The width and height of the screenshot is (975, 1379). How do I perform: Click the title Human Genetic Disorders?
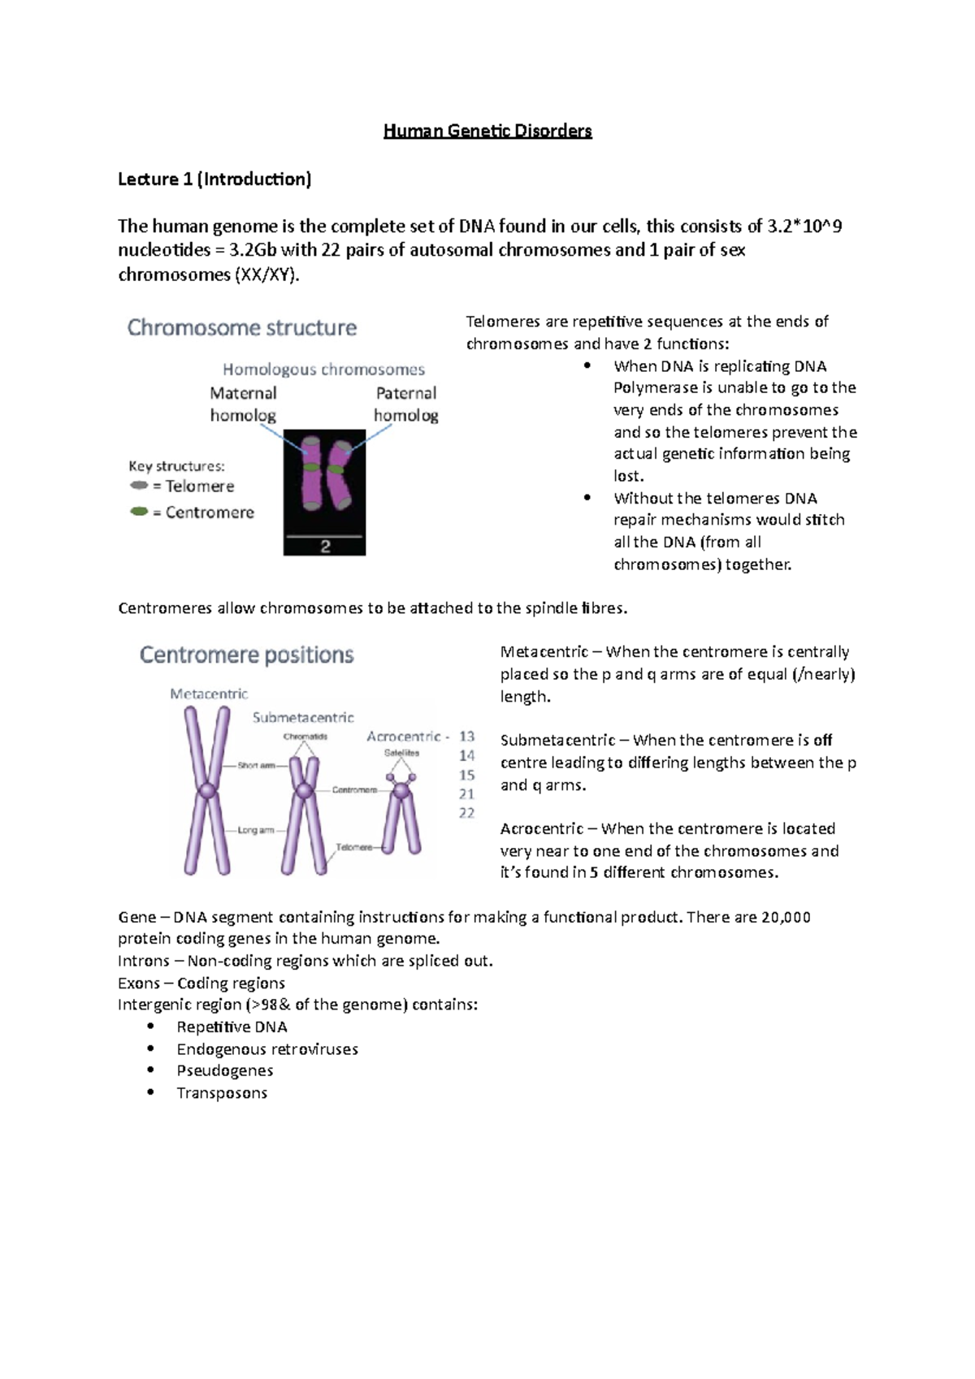[x=487, y=131]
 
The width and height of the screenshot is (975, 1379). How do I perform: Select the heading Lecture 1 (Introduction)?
[x=214, y=179]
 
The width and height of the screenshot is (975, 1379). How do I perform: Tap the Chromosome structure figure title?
[x=241, y=327]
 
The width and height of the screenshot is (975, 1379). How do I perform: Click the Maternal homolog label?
[x=243, y=404]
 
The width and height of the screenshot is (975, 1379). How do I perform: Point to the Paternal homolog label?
[x=405, y=404]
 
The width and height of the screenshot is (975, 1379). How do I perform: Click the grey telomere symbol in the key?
[x=139, y=486]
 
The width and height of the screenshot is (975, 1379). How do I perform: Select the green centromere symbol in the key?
[x=139, y=512]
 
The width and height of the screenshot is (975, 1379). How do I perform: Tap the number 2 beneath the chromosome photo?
[x=325, y=547]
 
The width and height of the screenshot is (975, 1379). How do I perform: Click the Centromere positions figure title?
[x=246, y=655]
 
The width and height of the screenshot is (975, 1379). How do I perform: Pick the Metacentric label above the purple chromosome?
[x=209, y=694]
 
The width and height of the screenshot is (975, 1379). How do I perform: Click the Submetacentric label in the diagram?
[x=303, y=717]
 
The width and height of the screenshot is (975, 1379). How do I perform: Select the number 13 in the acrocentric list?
[x=466, y=737]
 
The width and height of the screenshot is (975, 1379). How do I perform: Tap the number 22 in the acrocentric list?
[x=466, y=813]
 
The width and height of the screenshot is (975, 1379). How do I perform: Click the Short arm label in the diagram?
[x=256, y=765]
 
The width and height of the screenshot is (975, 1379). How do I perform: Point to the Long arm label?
[x=255, y=830]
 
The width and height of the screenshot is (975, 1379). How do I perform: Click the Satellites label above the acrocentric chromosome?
[x=401, y=753]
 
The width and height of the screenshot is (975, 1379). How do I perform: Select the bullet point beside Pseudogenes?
[x=150, y=1070]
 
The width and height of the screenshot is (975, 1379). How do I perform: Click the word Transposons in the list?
[x=222, y=1093]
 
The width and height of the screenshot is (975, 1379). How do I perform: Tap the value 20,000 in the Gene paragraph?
[x=786, y=917]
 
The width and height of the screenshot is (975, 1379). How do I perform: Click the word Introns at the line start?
[x=143, y=961]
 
